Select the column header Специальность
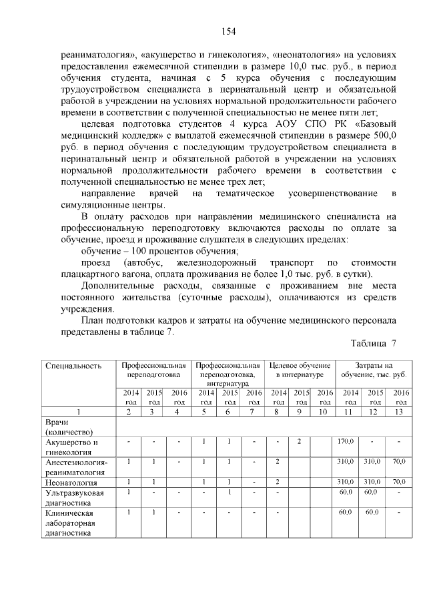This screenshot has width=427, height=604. point(73,366)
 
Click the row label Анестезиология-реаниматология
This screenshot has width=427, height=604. point(77,467)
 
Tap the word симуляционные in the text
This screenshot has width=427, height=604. point(89,205)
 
